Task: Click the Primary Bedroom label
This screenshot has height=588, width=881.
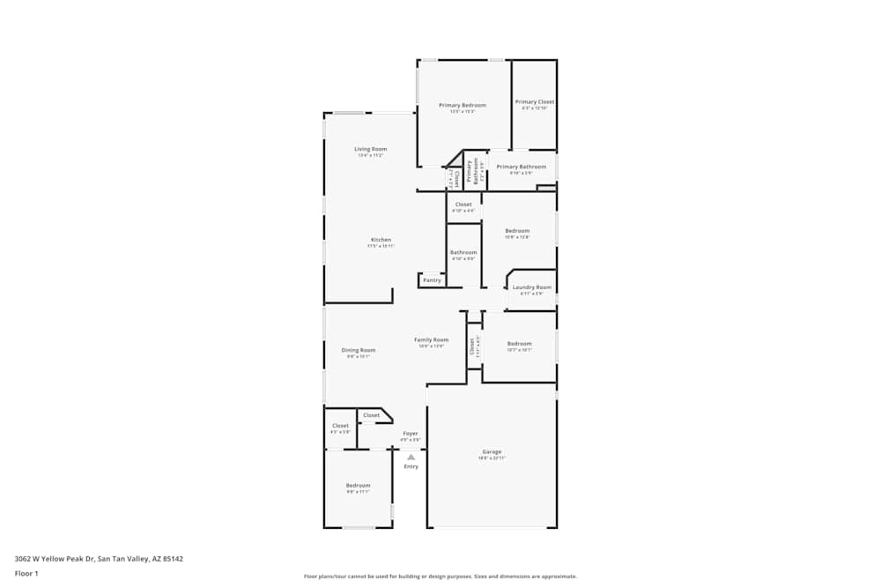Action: tap(463, 106)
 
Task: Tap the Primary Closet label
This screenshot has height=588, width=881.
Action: tap(535, 102)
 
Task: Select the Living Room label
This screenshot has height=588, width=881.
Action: tap(371, 150)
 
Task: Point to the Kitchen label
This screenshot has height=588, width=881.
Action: tap(381, 240)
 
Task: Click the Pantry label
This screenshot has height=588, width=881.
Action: tap(432, 280)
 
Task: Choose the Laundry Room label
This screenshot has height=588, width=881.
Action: tap(532, 287)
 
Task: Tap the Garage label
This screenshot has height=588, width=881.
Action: tap(492, 452)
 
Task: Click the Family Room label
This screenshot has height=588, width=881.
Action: tap(432, 340)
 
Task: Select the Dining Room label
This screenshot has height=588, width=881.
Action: tap(359, 351)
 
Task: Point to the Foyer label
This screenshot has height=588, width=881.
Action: tap(411, 434)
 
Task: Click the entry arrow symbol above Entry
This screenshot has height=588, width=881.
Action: tap(411, 457)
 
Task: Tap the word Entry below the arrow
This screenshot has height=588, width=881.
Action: tap(411, 466)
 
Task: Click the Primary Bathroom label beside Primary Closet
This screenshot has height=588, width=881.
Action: tap(521, 167)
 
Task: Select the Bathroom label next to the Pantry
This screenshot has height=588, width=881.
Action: tap(463, 253)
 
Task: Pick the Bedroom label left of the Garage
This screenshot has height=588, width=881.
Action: tap(358, 486)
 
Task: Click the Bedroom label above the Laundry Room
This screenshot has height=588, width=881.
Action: tap(517, 231)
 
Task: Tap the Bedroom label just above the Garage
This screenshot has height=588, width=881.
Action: tap(519, 344)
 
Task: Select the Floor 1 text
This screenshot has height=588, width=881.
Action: tap(26, 573)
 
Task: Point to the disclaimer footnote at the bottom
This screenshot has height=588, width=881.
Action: tap(441, 576)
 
